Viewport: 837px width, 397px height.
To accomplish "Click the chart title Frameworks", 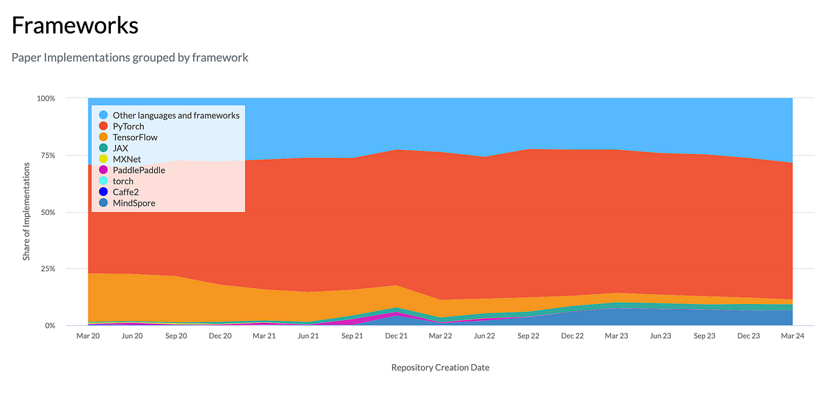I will pos(75,26).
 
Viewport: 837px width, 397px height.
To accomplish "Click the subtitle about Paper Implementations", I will pos(130,57).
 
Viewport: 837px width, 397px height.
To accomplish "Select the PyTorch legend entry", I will pos(128,126).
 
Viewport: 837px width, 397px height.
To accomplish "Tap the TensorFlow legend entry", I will pos(135,137).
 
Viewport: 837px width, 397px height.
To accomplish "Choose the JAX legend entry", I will pos(120,148).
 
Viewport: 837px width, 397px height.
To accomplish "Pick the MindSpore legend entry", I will pos(134,203).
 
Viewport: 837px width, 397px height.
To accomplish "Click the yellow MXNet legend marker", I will pos(103,159).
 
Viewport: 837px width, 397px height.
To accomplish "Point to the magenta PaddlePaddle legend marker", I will pos(103,170).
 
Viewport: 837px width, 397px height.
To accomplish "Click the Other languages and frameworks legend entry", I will pos(176,115).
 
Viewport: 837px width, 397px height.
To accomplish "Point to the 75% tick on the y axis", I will pos(46,155).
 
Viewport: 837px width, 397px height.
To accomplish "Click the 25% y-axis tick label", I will pos(46,269).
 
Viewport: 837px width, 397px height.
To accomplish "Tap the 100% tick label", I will pos(45,98).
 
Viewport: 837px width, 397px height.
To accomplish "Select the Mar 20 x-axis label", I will pos(88,336).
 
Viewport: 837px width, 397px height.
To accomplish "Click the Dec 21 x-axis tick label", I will pos(396,336).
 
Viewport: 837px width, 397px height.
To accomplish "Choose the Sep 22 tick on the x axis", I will pos(528,336).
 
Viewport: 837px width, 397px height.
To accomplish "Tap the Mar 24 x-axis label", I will pos(792,336).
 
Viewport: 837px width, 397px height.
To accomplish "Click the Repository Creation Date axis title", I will pos(440,367).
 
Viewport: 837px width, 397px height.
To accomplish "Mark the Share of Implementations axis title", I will pos(27,211).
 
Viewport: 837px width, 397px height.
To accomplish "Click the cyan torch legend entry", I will pos(123,181).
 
